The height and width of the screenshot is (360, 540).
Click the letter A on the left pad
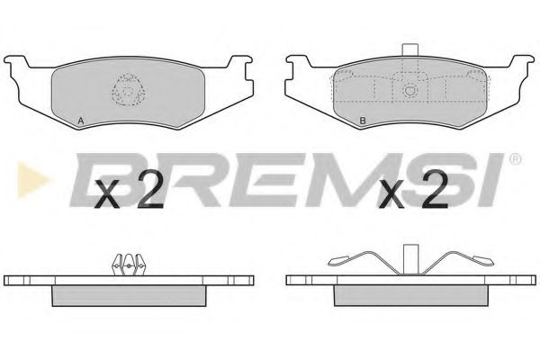81,121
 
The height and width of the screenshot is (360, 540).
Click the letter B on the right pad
363,121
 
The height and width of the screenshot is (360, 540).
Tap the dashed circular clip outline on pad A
128,90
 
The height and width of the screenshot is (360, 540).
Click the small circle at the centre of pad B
409,90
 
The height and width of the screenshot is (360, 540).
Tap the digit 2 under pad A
149,189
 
